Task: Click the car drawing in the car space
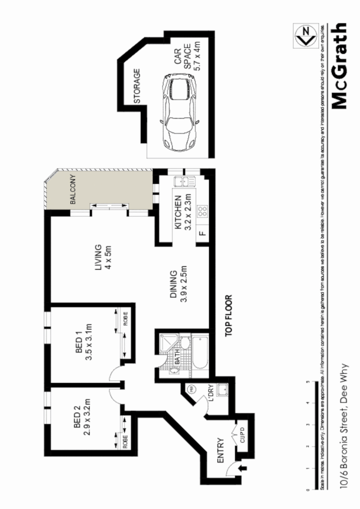tap(178, 113)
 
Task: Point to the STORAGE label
tap(136, 86)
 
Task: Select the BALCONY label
tap(73, 190)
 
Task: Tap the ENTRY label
tap(220, 450)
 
